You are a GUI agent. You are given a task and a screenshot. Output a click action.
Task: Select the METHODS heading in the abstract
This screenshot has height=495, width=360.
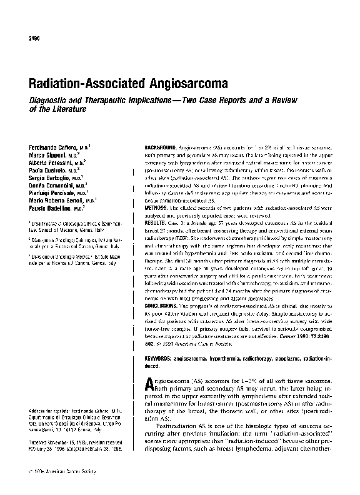[x=154, y=207]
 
